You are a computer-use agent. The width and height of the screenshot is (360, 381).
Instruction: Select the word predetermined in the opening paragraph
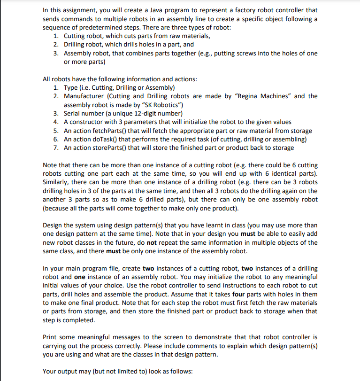tap(76, 27)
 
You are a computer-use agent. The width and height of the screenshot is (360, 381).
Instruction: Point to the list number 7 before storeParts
tap(55, 148)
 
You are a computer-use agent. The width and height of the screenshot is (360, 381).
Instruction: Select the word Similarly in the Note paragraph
tap(57, 182)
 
